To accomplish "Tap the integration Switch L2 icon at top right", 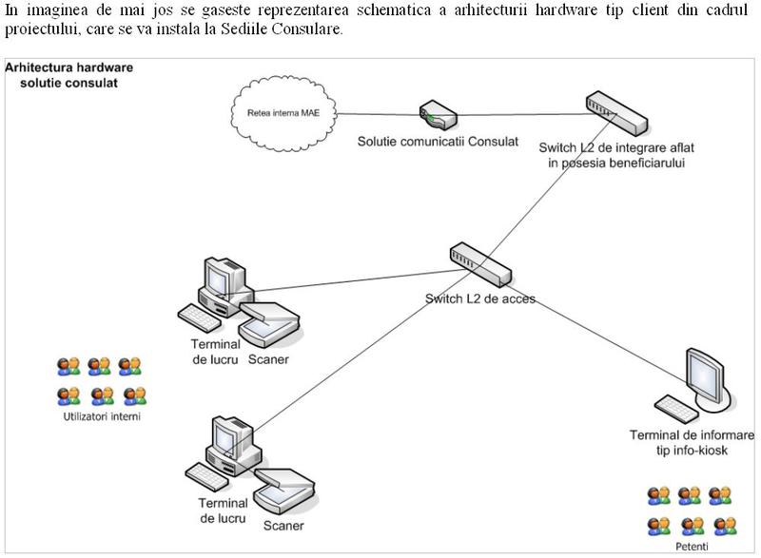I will pos(615,113).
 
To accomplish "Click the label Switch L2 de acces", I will pos(480,298).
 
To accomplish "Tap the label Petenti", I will pos(688,548).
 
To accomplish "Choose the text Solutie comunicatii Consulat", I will pos(438,142).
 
